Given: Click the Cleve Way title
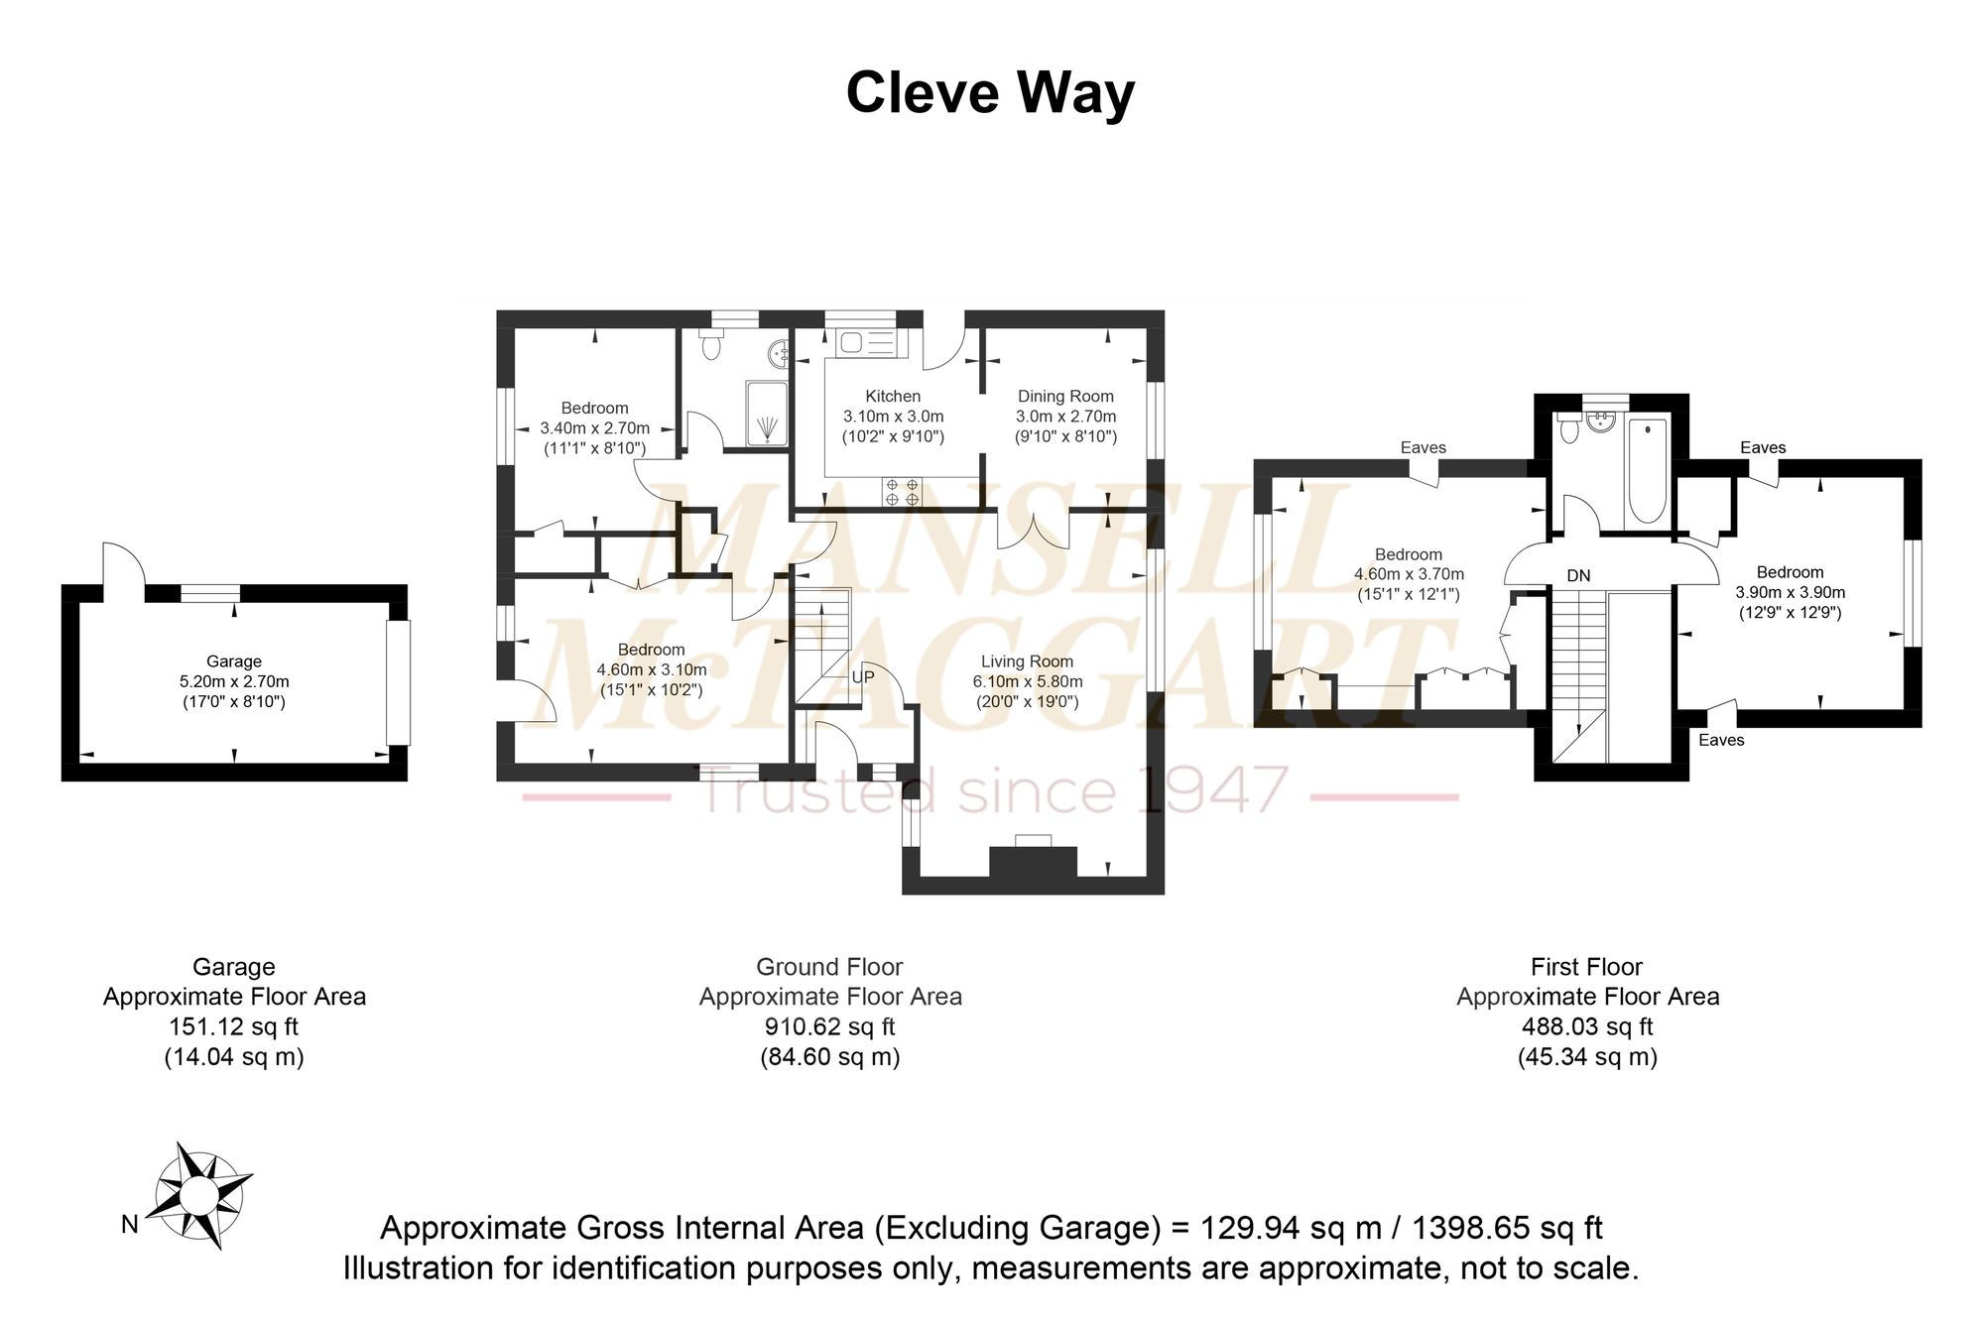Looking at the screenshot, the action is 990,93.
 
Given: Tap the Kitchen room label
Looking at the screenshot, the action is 893,397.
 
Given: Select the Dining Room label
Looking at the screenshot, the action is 1065,397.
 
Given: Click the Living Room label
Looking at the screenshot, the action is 1027,661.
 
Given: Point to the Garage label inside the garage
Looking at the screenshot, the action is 234,661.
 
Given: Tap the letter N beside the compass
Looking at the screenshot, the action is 130,1225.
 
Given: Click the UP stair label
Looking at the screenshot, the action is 863,677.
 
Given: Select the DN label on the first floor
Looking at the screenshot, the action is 1578,575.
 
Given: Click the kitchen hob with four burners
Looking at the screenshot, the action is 901,493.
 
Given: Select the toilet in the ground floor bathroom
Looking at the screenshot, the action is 710,345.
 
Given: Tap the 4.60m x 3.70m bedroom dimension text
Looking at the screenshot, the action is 1409,573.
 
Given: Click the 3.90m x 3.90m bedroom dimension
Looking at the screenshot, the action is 1790,592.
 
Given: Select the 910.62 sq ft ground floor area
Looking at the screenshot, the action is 829,1026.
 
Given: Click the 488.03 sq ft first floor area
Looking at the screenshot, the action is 1587,1026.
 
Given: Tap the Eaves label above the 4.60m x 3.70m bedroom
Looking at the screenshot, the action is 1423,447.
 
